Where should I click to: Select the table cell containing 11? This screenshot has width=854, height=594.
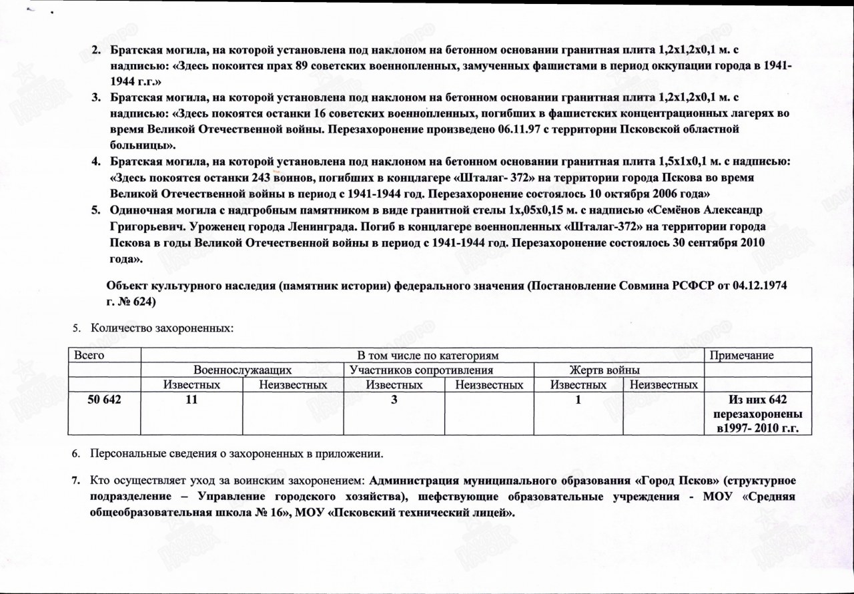tap(192, 400)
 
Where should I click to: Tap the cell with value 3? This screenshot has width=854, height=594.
tap(394, 400)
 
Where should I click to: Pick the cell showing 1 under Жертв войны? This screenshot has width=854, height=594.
tap(578, 400)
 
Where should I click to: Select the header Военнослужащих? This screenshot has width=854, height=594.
tap(243, 370)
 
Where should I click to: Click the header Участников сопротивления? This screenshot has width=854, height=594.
tap(421, 370)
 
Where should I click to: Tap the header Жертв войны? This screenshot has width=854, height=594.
tap(604, 370)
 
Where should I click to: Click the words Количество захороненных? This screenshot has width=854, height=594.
tap(161, 328)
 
